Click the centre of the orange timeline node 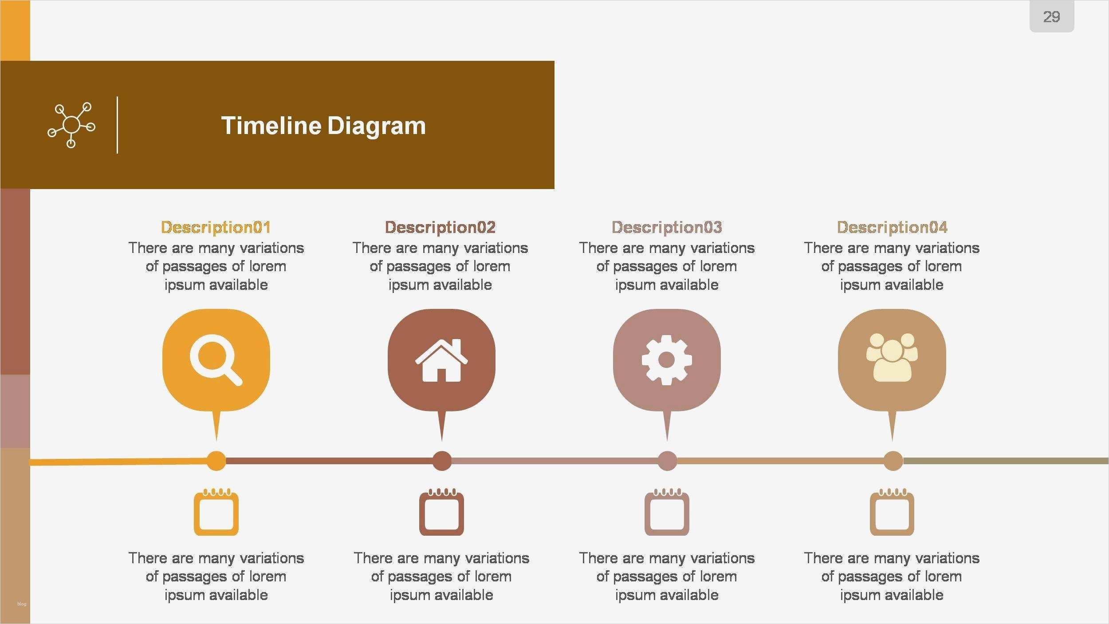click(x=216, y=461)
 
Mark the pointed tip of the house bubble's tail click(x=441, y=441)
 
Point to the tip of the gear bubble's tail click(x=667, y=441)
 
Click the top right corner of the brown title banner click(x=554, y=61)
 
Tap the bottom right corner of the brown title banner click(x=554, y=189)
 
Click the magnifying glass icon click(x=216, y=359)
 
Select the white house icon click(x=441, y=360)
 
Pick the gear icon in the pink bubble click(x=667, y=360)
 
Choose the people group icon click(x=892, y=357)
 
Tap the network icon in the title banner click(x=71, y=125)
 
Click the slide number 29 click(x=1052, y=17)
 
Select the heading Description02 click(x=440, y=227)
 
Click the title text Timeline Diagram click(x=323, y=126)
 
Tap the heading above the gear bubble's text click(x=667, y=227)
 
